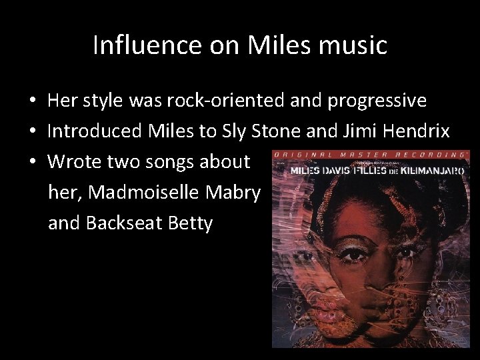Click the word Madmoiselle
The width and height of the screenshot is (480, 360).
(x=148, y=192)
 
